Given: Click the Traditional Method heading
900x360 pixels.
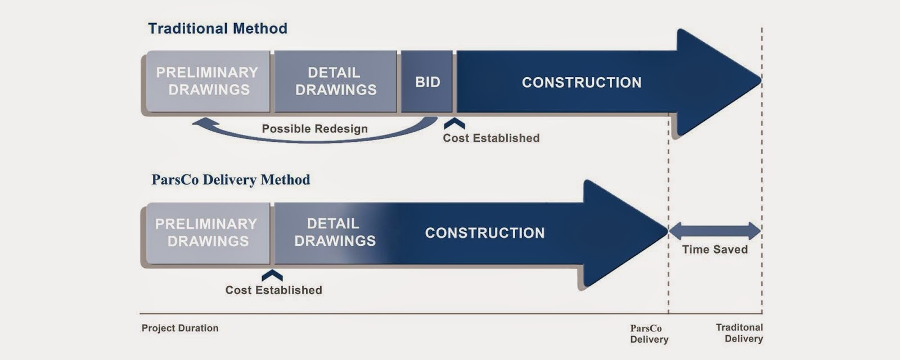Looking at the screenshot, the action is pyautogui.click(x=218, y=29).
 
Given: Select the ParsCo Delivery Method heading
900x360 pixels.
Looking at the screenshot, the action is pyautogui.click(x=231, y=180).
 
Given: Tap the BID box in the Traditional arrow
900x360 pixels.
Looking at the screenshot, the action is pyautogui.click(x=427, y=82).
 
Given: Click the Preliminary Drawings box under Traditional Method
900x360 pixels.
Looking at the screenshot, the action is pyautogui.click(x=208, y=82).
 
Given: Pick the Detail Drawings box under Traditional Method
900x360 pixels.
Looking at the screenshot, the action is pyautogui.click(x=336, y=82).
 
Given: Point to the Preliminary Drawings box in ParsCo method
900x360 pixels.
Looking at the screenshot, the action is pyautogui.click(x=206, y=233).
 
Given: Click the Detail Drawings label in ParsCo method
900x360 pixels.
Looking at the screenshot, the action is pyautogui.click(x=335, y=232).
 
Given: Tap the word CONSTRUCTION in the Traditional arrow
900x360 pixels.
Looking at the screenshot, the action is pyautogui.click(x=582, y=83).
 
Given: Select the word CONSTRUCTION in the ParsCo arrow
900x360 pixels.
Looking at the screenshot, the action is pyautogui.click(x=485, y=233).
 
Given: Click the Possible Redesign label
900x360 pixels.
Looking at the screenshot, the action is pyautogui.click(x=314, y=129).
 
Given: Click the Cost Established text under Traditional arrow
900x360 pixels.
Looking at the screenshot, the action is pyautogui.click(x=491, y=138).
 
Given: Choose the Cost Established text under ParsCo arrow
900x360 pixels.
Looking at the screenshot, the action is pyautogui.click(x=273, y=290).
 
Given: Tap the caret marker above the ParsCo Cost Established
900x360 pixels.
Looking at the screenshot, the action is pyautogui.click(x=272, y=275).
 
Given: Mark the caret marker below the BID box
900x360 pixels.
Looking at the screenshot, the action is pyautogui.click(x=454, y=123).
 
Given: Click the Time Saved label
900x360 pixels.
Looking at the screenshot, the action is pyautogui.click(x=715, y=250).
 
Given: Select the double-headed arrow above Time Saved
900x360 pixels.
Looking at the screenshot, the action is pyautogui.click(x=714, y=231).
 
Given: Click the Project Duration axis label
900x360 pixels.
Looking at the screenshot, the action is pyautogui.click(x=180, y=328).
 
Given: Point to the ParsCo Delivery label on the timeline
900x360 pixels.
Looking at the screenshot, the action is pyautogui.click(x=649, y=334).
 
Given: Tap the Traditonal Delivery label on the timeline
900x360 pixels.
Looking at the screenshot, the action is pyautogui.click(x=739, y=333).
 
